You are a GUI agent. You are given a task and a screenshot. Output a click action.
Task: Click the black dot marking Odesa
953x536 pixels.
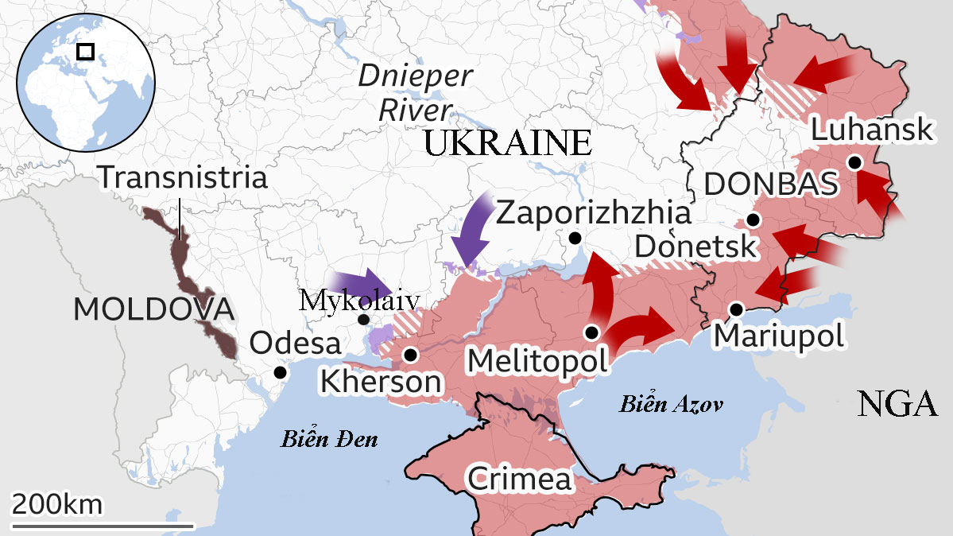279,372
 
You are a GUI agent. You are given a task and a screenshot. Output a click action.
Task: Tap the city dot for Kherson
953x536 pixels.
411,355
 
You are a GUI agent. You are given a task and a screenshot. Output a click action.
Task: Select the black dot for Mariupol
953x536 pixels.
737,309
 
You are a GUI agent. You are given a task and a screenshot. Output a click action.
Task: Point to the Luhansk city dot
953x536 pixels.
854,162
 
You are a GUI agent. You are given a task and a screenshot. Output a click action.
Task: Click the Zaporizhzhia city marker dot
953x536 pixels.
575,238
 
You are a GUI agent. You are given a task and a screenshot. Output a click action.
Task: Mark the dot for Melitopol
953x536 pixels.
591,332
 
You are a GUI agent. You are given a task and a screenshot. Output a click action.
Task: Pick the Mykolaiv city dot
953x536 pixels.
363,320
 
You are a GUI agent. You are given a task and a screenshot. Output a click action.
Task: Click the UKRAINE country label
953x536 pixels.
508,144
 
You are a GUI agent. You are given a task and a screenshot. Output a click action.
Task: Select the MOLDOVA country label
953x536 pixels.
153,309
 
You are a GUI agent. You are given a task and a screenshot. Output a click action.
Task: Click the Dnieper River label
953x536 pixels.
415,92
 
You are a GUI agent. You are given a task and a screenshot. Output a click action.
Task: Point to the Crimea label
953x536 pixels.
519,480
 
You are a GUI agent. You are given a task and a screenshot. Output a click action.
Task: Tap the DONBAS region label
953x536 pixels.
771,184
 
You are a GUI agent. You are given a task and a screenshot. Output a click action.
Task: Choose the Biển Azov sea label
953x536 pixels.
672,405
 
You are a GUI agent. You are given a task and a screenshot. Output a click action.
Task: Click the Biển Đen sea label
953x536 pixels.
329,439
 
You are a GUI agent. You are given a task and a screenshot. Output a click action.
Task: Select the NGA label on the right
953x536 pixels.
897,405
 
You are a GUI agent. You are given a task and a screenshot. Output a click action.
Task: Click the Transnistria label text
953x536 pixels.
182,177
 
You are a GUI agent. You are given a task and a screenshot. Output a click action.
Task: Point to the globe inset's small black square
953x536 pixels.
85,52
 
